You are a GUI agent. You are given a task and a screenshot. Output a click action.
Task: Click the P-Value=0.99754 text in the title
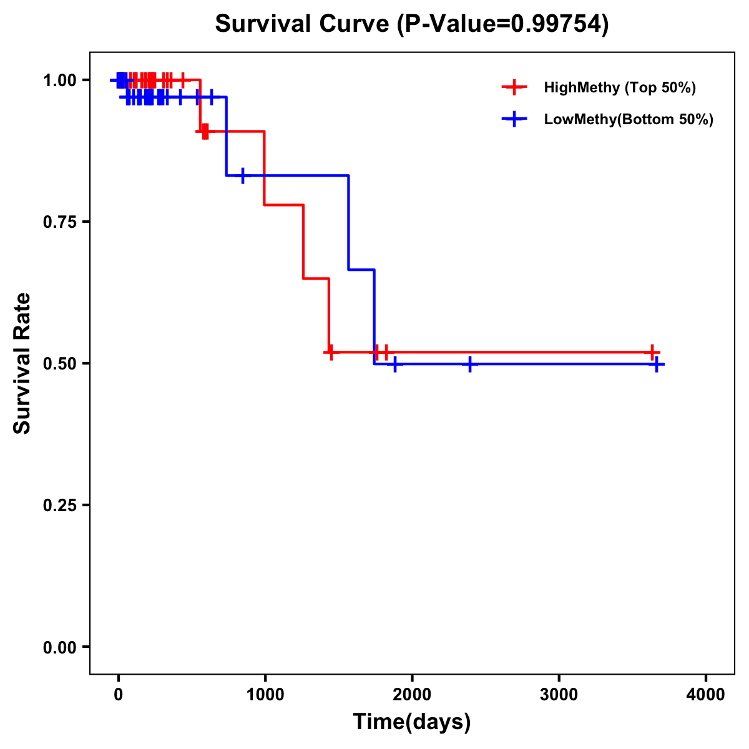tap(503, 24)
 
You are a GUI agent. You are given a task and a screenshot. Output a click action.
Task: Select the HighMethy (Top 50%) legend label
tap(619, 87)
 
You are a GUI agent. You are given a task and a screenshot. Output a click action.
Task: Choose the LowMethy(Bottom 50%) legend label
tap(628, 119)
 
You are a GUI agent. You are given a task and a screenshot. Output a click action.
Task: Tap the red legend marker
tap(514, 87)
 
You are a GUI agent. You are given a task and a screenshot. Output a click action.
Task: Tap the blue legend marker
tap(514, 119)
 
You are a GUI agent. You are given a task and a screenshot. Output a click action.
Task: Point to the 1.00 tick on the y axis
tap(60, 80)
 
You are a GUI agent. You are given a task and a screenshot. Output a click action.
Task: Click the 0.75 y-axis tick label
tap(60, 222)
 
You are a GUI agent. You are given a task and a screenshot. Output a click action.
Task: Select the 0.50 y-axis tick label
tap(60, 363)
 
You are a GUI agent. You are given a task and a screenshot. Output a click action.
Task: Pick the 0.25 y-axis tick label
tap(60, 505)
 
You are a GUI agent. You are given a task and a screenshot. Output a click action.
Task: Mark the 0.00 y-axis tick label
tap(60, 647)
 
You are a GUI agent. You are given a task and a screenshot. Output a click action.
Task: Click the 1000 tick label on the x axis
tap(265, 695)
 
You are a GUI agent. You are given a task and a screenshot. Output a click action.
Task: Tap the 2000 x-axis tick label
tap(412, 695)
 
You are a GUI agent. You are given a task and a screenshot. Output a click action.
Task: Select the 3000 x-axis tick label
tap(559, 695)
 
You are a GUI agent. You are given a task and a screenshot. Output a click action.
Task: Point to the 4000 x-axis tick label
tap(706, 695)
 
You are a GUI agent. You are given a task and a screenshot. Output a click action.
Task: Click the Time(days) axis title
tap(412, 722)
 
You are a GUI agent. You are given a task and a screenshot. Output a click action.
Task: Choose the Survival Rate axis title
tap(22, 363)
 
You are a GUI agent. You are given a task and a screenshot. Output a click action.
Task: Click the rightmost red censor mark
tap(652, 353)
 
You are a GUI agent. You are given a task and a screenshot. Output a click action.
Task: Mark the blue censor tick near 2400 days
tap(469, 364)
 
